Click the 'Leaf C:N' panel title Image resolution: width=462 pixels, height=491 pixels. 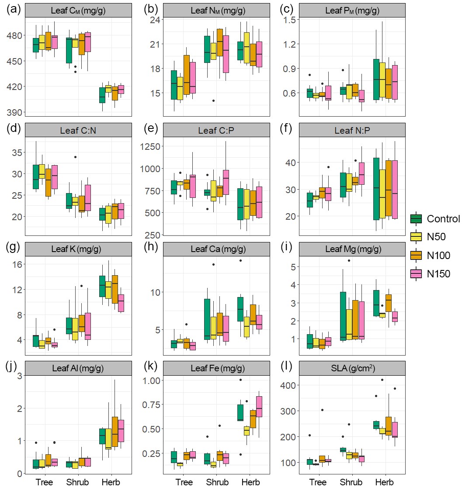point(78,130)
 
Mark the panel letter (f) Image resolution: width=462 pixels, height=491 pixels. point(287,129)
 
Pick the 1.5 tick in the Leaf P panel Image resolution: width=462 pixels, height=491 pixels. point(290,20)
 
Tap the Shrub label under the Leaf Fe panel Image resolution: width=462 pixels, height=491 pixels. point(217,483)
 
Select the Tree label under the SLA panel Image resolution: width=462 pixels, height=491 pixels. point(318,483)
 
